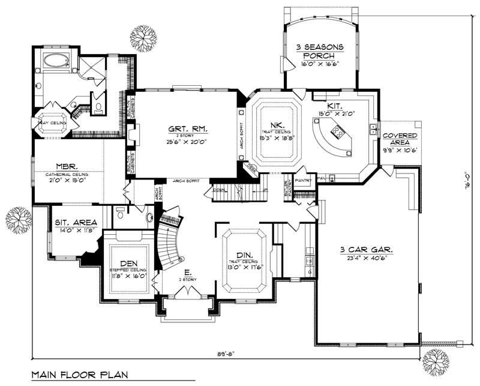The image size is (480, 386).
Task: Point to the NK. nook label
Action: coord(276,124)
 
